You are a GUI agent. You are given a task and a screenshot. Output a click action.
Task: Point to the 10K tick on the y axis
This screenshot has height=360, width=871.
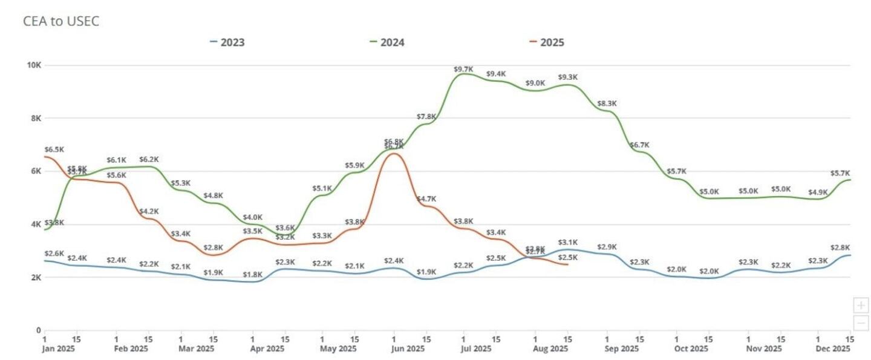(x=34, y=65)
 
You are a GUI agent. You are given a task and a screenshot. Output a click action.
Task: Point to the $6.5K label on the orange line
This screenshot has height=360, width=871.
(x=54, y=149)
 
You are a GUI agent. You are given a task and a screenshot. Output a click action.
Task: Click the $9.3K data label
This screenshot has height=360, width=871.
(x=568, y=77)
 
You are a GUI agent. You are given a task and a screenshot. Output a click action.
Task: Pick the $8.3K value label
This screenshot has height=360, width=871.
(x=607, y=103)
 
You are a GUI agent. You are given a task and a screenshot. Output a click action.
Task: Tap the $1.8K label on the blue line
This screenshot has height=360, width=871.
(x=253, y=275)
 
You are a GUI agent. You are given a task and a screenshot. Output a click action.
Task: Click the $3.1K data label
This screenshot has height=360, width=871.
(x=568, y=243)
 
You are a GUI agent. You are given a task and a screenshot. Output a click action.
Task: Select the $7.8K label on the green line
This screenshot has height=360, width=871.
(x=426, y=117)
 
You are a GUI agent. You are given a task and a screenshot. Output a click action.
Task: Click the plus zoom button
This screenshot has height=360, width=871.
(x=861, y=305)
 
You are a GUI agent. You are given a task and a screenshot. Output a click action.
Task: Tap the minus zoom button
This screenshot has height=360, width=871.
(x=861, y=322)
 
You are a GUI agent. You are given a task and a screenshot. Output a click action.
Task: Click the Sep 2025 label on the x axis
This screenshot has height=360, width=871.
(x=622, y=349)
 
